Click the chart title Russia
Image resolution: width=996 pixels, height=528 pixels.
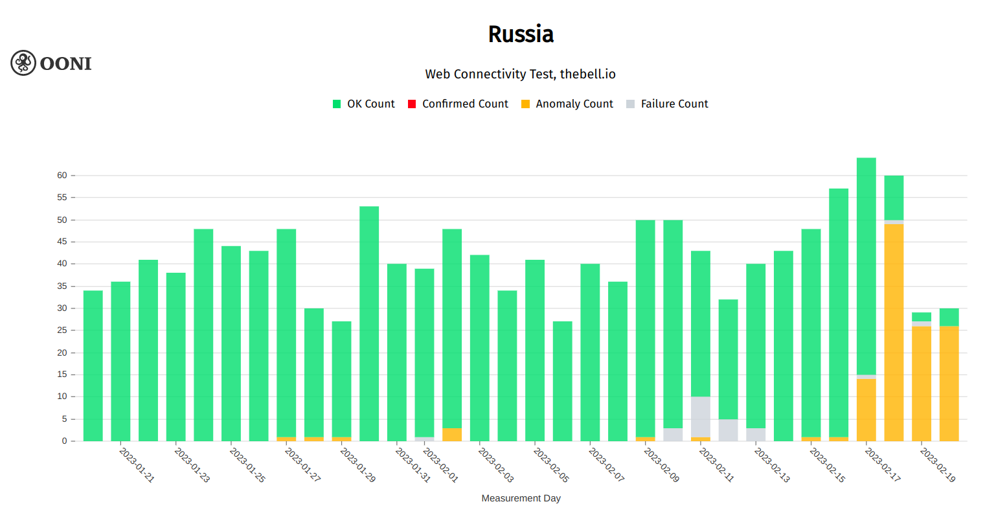[521, 34]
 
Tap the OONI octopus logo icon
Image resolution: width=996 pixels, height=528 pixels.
[23, 63]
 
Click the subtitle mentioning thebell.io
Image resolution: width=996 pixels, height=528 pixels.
[520, 74]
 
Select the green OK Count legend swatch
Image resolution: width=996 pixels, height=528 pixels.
[337, 104]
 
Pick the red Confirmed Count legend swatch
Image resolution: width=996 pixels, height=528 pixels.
[412, 104]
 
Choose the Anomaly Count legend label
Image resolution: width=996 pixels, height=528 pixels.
[574, 104]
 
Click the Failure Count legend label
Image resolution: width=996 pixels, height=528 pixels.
[674, 104]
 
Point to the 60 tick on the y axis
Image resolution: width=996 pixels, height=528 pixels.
[62, 176]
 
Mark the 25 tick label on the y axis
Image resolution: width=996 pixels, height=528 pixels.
[62, 330]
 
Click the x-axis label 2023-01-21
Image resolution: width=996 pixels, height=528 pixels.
[137, 465]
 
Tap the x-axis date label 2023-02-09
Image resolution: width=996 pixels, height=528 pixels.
[661, 465]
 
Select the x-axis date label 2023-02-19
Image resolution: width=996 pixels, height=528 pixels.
[938, 465]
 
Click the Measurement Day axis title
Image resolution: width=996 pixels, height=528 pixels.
[521, 498]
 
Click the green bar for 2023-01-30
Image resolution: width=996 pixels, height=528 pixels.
[369, 324]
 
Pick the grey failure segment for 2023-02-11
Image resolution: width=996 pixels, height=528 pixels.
[701, 417]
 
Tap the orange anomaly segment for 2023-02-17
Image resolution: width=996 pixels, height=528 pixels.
[866, 410]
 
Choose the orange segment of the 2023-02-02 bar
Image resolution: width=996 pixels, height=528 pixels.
[452, 435]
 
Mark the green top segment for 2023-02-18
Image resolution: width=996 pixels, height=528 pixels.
[894, 198]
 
